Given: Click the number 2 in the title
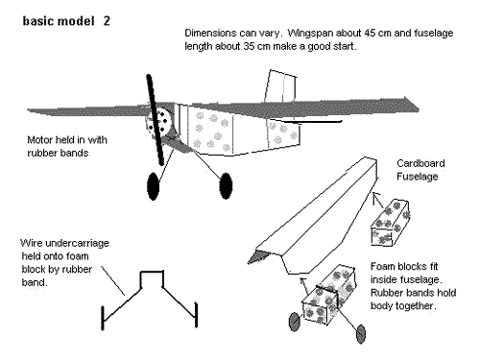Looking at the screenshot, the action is (107, 21).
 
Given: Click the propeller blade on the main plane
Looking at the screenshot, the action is (156, 120).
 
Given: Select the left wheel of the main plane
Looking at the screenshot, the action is (154, 186).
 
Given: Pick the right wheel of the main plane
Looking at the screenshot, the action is (226, 185).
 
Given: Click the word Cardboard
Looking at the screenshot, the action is (420, 163).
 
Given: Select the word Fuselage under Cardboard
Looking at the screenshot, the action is (417, 177).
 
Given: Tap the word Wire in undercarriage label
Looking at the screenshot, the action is (32, 243).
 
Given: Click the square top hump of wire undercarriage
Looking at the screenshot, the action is (152, 273).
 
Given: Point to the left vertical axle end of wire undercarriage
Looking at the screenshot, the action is (103, 318).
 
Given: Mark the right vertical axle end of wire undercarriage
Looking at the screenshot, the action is (196, 315).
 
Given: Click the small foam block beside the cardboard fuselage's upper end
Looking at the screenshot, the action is (391, 223).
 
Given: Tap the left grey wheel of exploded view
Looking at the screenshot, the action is (295, 322).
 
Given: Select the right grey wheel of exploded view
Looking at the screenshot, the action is (361, 334).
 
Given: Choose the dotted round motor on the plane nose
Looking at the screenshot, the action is (159, 121).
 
